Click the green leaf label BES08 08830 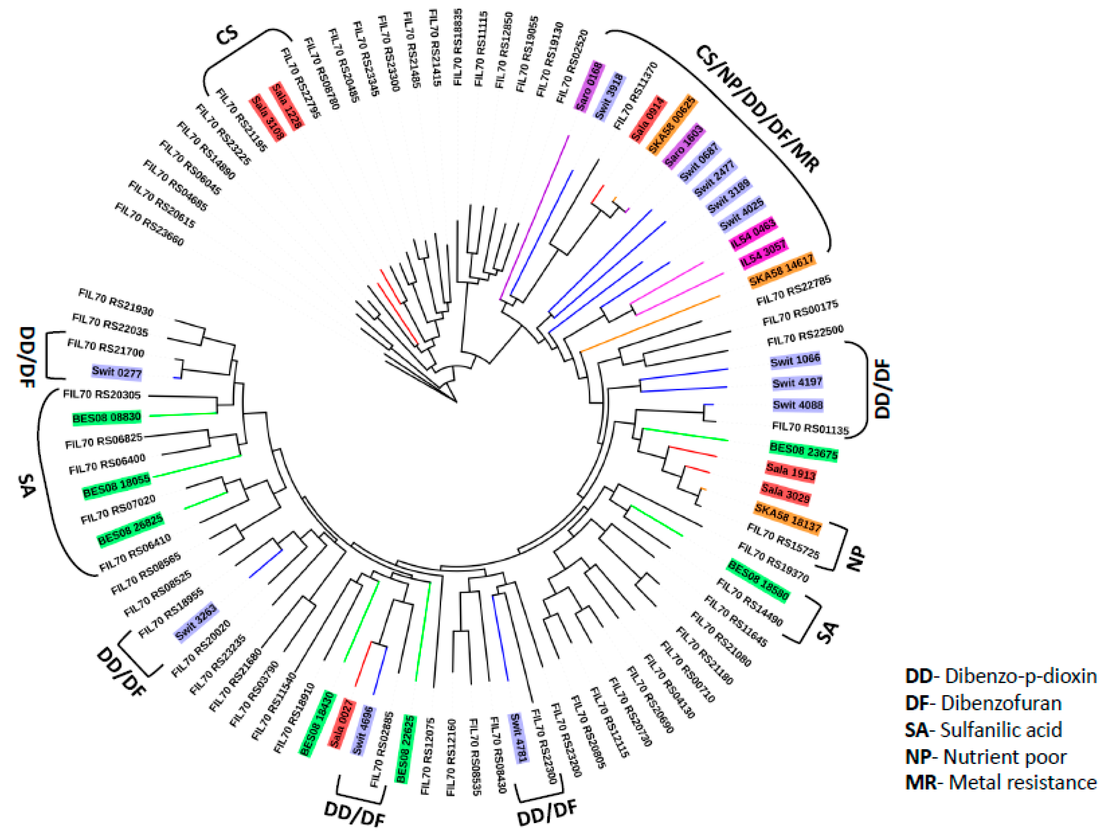tap(106, 418)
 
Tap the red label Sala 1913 tap(790, 471)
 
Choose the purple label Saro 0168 tap(589, 86)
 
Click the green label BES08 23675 tap(803, 450)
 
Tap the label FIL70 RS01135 tap(810, 428)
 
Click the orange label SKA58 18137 tap(787, 518)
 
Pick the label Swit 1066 tap(795, 360)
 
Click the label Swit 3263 tap(196, 622)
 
